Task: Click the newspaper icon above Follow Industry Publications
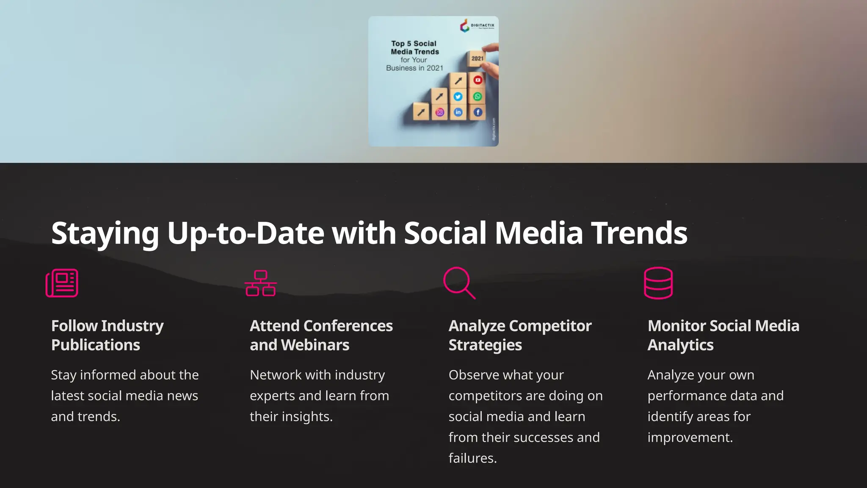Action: click(x=62, y=283)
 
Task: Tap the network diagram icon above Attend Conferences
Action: click(x=261, y=283)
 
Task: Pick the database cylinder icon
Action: click(x=658, y=283)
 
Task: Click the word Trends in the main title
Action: click(x=639, y=233)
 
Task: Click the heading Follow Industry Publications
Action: click(x=108, y=335)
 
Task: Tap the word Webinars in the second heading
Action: click(x=315, y=345)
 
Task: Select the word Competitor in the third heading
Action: click(x=550, y=326)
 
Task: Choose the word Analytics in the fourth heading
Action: click(x=680, y=345)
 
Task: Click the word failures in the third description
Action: click(x=472, y=458)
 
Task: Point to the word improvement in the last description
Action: click(x=690, y=437)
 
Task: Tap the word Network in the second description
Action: click(x=276, y=375)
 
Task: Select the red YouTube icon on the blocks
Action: click(x=478, y=80)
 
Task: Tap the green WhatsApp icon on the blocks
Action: click(x=478, y=97)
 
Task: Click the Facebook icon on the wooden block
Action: click(x=478, y=112)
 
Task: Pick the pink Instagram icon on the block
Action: click(x=440, y=112)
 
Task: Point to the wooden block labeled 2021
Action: click(x=477, y=58)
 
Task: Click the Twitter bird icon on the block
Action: click(x=458, y=97)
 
